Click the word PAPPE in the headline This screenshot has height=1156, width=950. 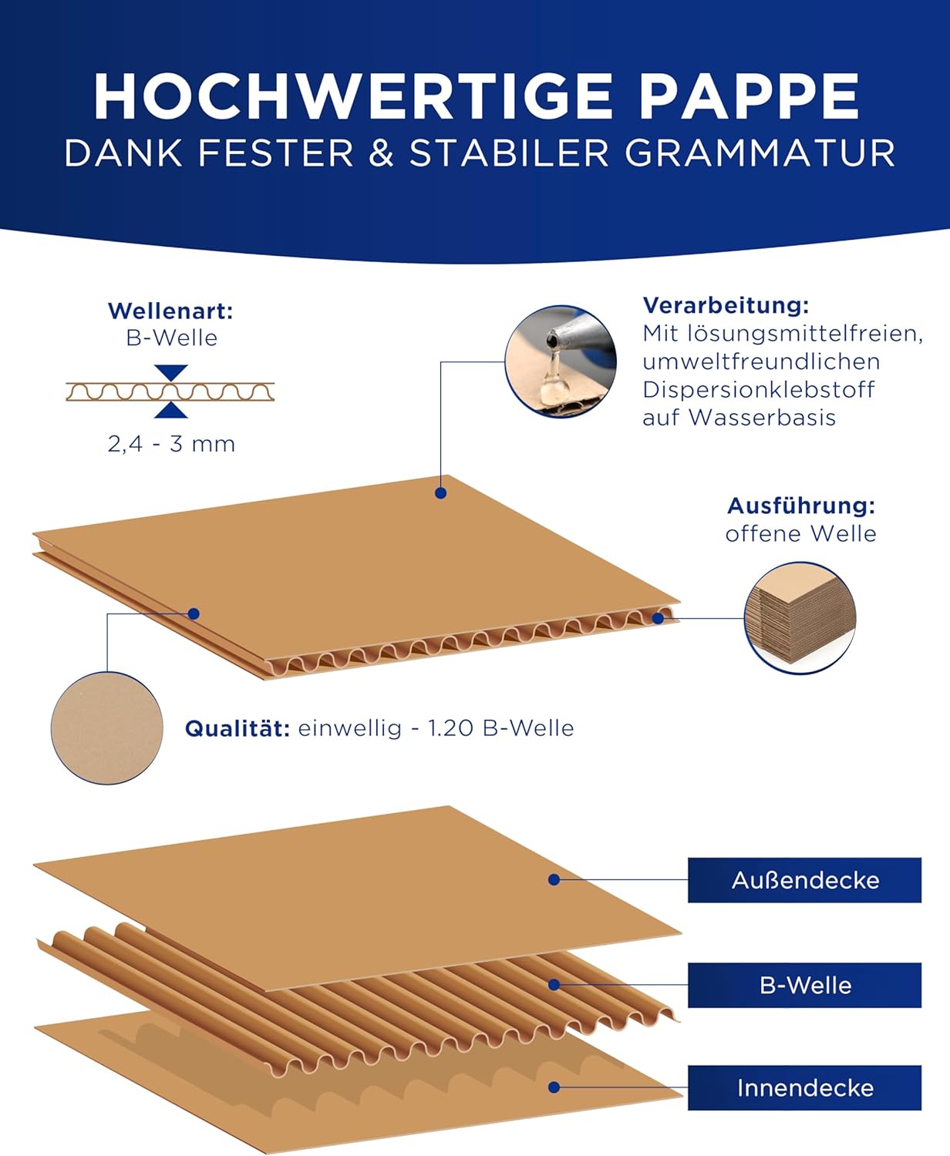[x=749, y=96]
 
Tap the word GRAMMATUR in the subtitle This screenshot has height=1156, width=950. [x=760, y=153]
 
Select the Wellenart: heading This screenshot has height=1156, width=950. [x=170, y=311]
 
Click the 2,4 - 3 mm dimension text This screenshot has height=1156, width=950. [x=171, y=444]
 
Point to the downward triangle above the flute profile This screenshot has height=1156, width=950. [x=171, y=373]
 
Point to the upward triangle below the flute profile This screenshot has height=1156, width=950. [x=171, y=410]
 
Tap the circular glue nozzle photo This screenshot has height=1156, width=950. [x=561, y=361]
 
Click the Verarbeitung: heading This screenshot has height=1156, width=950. [x=726, y=305]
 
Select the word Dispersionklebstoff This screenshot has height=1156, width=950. [x=759, y=390]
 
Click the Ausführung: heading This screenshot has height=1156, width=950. [x=801, y=506]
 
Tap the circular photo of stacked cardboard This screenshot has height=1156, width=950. [x=800, y=618]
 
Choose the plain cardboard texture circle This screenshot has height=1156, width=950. [x=107, y=728]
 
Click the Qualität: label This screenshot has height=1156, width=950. [x=237, y=728]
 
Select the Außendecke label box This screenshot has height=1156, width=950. [x=805, y=880]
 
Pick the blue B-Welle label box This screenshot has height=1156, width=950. [x=805, y=985]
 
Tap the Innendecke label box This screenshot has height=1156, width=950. [x=805, y=1088]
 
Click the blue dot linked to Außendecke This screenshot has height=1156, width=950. [x=554, y=880]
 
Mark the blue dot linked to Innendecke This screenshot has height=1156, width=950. [x=554, y=1087]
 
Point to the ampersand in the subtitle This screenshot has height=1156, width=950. [x=381, y=153]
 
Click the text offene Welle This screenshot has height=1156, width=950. [x=801, y=534]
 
